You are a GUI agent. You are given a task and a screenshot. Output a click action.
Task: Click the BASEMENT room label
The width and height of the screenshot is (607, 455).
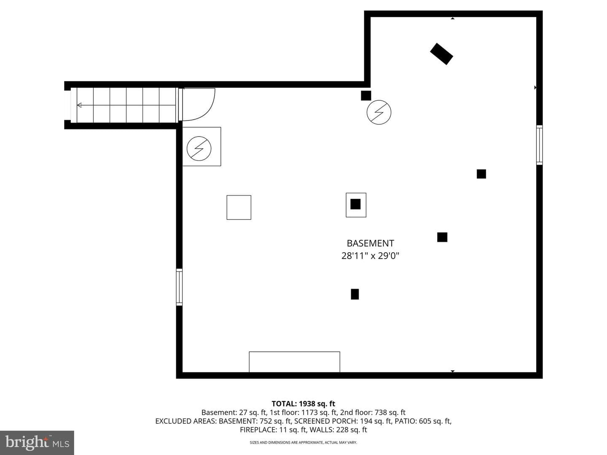coord(370,244)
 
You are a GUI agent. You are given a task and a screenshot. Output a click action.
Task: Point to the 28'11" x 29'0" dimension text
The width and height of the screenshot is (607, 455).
coord(370,256)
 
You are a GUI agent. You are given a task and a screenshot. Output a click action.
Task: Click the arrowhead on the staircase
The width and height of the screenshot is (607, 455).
coord(79,105)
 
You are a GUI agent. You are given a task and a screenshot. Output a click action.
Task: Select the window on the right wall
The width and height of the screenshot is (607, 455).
coord(539,145)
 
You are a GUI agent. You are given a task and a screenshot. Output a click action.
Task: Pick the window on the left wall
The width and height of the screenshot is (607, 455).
coord(179,287)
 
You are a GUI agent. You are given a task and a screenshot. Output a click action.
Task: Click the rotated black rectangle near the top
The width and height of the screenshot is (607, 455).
coord(441,54)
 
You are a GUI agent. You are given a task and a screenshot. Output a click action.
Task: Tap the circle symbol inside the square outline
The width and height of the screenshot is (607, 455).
coord(199,149)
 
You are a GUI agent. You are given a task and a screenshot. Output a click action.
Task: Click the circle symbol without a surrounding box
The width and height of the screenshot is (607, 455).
coord(379,112)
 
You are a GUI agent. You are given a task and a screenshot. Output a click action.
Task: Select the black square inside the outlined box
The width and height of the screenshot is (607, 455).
coord(355,204)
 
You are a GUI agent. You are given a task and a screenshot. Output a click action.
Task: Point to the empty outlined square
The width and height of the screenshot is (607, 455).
coord(239,207)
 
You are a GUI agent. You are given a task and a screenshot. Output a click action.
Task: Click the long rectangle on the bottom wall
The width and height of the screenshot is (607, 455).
coord(295,362)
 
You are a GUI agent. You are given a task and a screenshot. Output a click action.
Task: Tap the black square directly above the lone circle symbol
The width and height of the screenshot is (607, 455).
coord(366,96)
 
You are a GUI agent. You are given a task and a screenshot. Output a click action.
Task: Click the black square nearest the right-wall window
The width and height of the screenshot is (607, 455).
coord(481,174)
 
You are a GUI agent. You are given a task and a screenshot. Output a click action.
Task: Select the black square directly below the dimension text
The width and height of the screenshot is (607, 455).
coord(355,294)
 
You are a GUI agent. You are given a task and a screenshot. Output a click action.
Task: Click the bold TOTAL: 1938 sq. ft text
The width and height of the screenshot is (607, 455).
coord(303,404)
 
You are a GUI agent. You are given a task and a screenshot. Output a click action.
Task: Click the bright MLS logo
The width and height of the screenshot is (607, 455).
coord(37,442)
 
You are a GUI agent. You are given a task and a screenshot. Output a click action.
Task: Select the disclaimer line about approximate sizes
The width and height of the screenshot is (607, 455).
coord(303,442)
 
